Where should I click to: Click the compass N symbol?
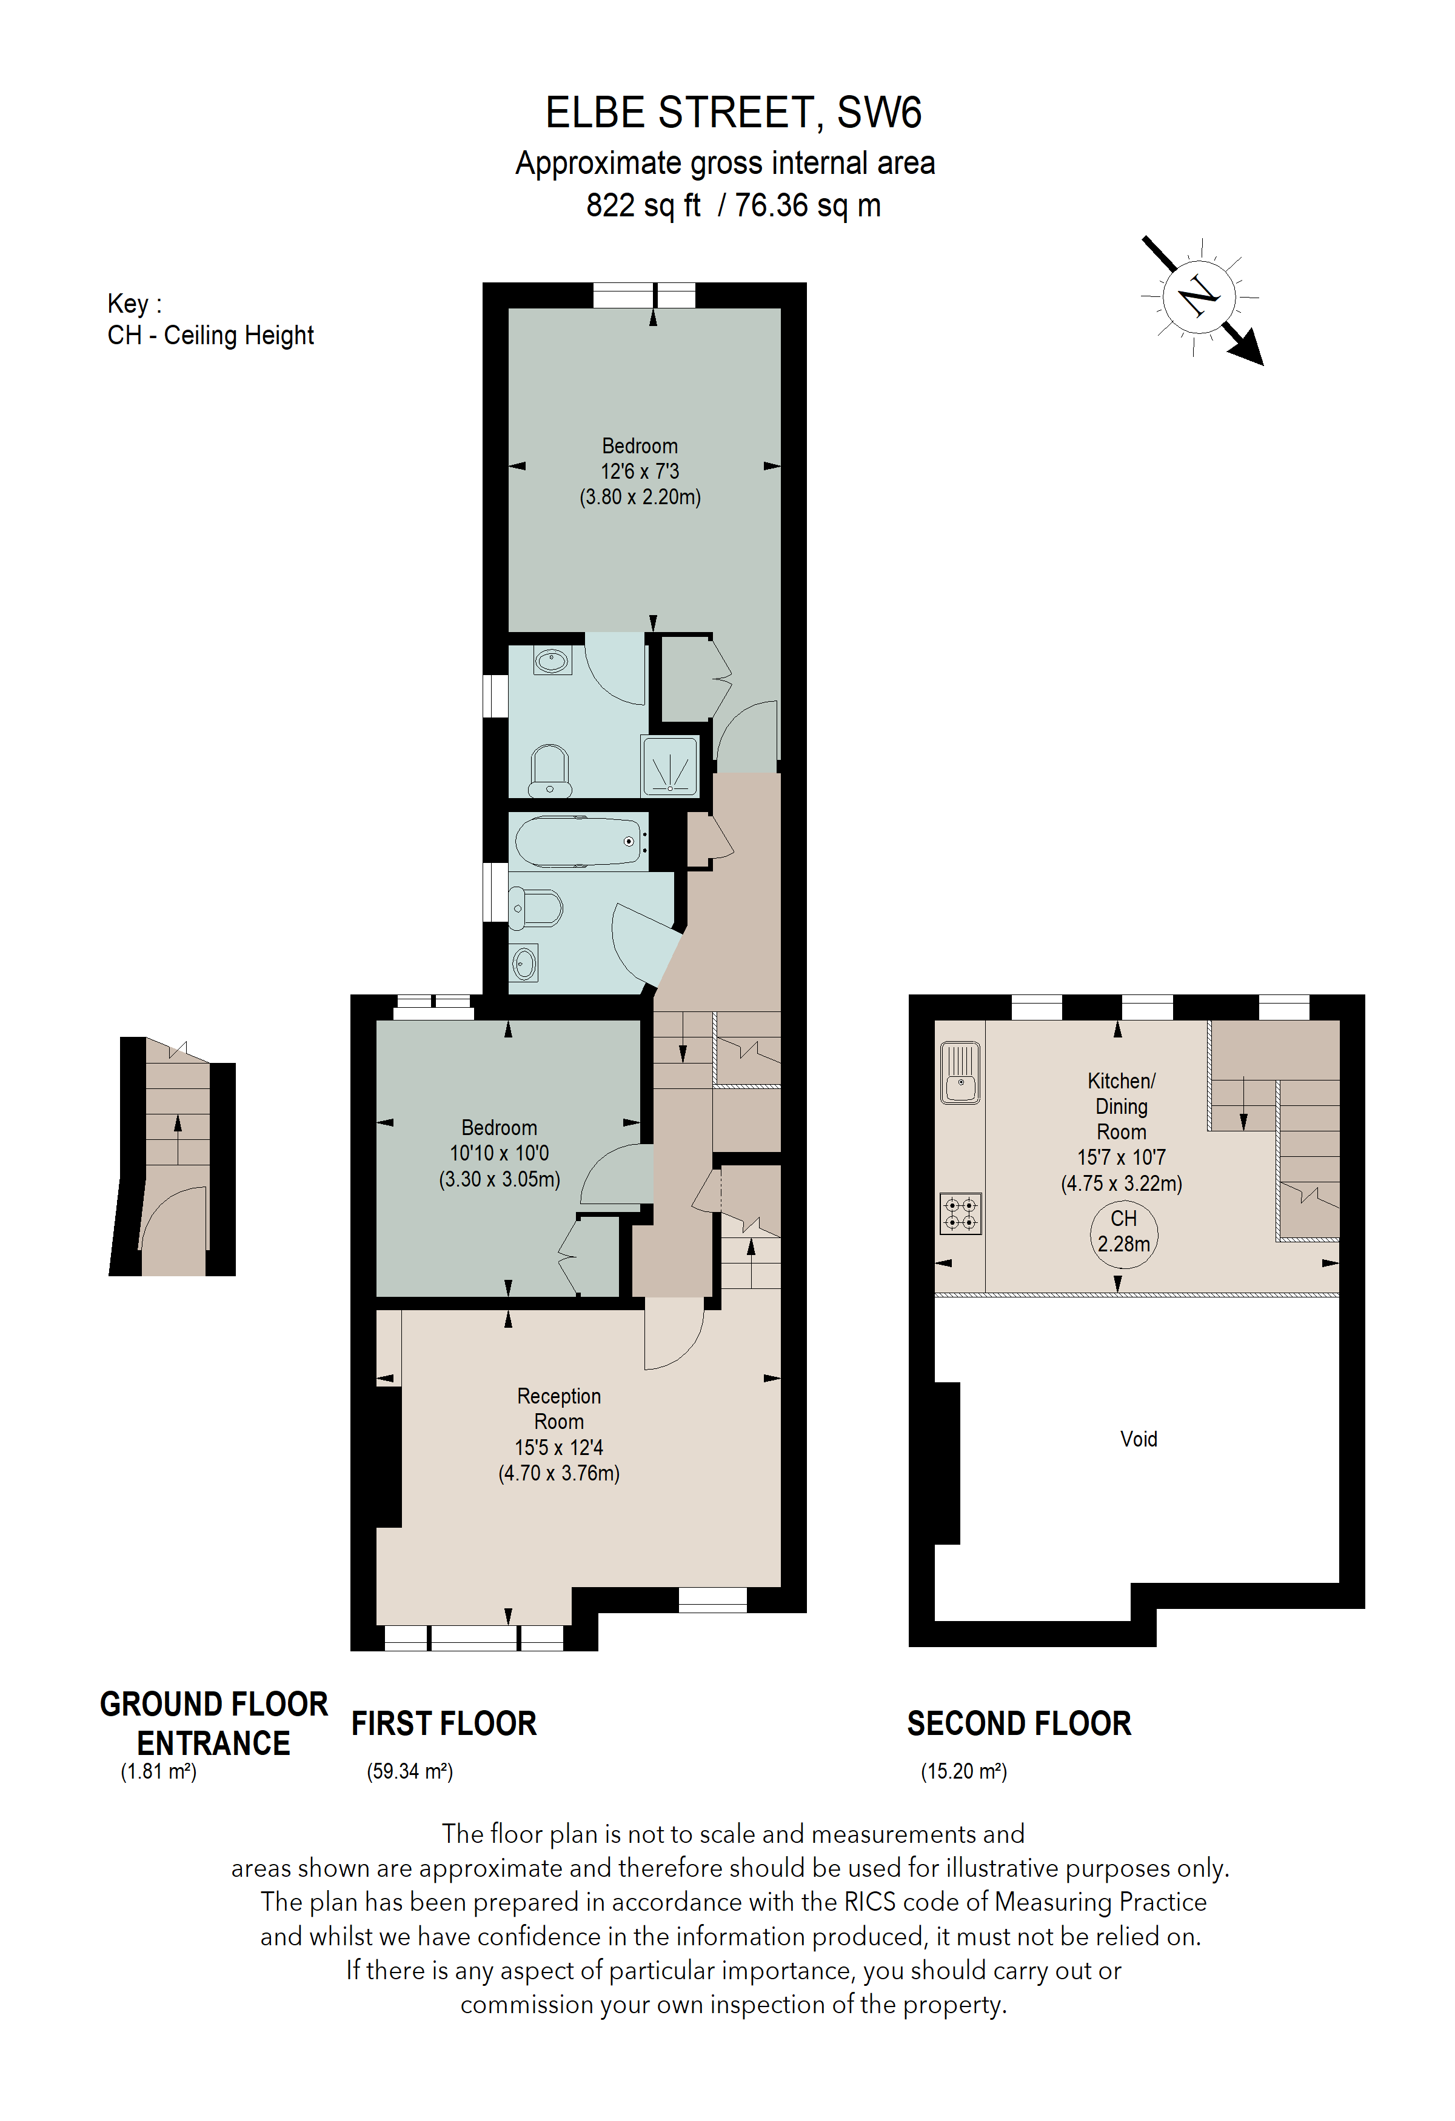pos(1199,296)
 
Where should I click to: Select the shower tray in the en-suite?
pos(669,766)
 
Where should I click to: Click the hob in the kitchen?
pos(960,1214)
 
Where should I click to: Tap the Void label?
pos(1139,1439)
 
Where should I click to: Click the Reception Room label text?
pos(558,1409)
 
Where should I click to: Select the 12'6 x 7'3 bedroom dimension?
pos(639,472)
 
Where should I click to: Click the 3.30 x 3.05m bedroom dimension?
pos(500,1179)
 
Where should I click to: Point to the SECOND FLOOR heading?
pos(1018,1724)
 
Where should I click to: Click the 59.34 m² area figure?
pos(410,1771)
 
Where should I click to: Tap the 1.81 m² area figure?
pos(159,1771)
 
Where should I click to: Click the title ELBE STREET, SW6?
pos(733,113)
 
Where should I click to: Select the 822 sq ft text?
pos(643,205)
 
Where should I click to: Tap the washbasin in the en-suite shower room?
pos(551,661)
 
